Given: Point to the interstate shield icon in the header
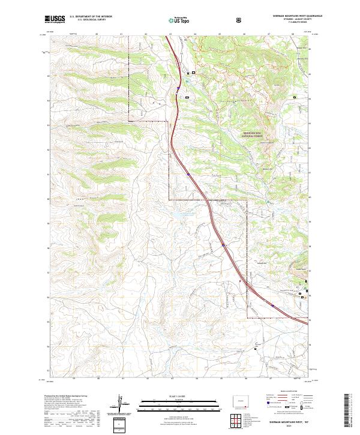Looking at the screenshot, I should (239, 20).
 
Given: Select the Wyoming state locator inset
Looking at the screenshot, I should (241, 401).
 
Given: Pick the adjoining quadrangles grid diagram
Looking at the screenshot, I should (242, 418).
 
